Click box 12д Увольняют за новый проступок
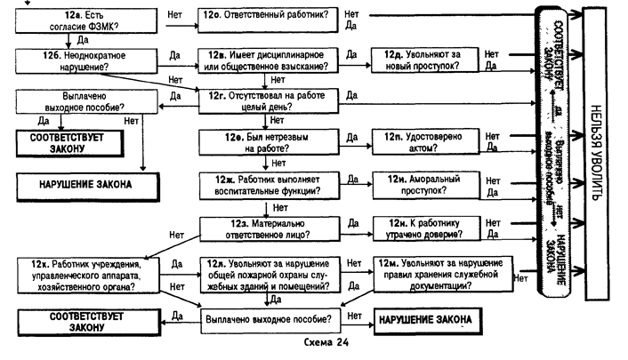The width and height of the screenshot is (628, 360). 425,60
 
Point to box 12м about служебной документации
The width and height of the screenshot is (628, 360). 441,276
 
